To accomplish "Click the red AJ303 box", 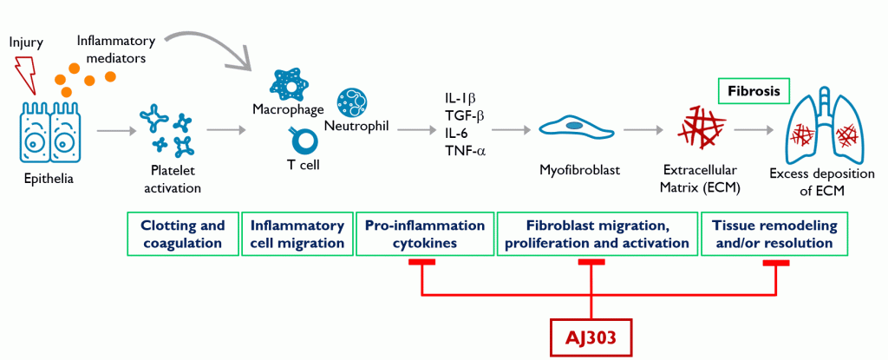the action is click(591, 338).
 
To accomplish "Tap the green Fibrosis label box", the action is click(754, 91).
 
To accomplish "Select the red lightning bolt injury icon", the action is click(24, 73).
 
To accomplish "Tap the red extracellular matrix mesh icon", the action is click(701, 128).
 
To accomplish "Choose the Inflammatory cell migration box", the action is click(297, 234).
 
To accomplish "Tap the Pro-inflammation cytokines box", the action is click(424, 234).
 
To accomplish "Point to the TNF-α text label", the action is click(466, 151).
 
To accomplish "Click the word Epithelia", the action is click(49, 180).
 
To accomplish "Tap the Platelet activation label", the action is click(173, 180).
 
